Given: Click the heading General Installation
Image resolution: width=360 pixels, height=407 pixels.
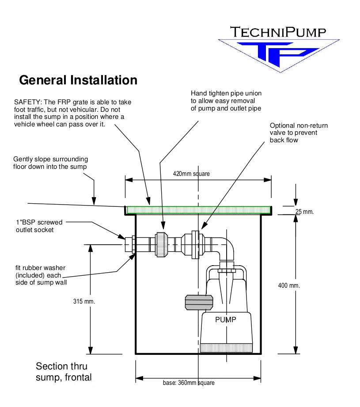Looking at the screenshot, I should click(78, 80).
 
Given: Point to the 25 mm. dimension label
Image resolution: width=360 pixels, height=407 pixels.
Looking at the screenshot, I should click(304, 212).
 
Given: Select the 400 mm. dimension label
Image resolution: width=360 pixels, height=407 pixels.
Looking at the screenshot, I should click(289, 285).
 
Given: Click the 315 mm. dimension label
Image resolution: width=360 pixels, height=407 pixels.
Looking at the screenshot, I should click(84, 301).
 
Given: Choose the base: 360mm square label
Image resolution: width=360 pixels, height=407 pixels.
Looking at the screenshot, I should click(189, 383).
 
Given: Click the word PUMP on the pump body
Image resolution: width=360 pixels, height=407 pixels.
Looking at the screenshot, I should click(225, 320).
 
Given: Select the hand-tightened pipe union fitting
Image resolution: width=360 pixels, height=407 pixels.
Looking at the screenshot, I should click(162, 244).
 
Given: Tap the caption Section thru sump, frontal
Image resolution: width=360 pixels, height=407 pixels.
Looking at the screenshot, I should click(64, 372).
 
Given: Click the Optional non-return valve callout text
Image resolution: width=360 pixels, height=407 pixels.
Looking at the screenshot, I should click(299, 133).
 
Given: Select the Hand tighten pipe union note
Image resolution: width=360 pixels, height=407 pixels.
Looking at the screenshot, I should click(226, 101).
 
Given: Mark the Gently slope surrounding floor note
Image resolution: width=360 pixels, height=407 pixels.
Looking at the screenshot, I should click(50, 163).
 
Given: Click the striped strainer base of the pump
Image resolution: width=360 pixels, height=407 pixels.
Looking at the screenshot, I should click(226, 348).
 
